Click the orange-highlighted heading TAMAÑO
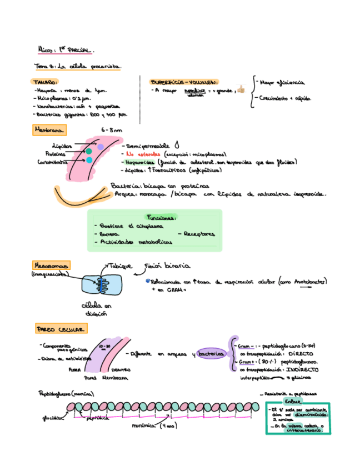click(45, 81)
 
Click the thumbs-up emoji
click(241, 89)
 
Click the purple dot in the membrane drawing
click(101, 147)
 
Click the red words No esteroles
click(143, 154)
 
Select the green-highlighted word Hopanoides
click(141, 162)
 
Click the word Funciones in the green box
click(162, 217)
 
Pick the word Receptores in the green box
click(199, 234)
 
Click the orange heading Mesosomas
click(51, 266)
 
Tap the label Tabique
click(120, 266)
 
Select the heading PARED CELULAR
click(60, 329)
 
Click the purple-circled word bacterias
click(211, 354)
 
